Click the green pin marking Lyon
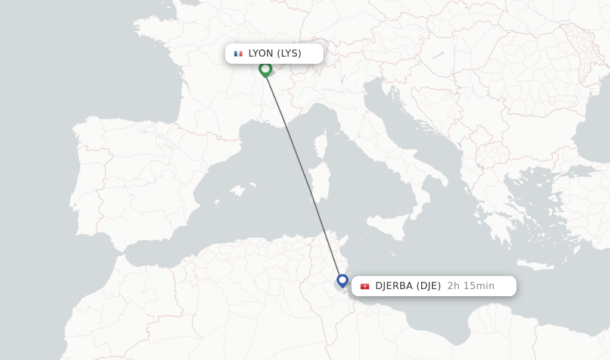265,69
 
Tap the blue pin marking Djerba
342,280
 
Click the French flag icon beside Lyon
238,54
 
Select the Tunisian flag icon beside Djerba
365,286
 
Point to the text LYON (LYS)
275,53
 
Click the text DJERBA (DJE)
408,286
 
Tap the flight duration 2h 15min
471,286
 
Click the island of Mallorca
238,191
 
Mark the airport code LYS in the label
291,53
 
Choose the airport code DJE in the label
428,286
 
